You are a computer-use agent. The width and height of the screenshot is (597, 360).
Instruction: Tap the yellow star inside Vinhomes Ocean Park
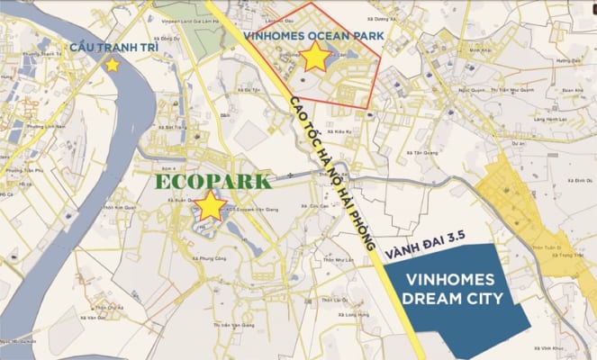click(315, 58)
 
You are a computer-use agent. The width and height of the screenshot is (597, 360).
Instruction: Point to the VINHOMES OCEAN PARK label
click(310, 35)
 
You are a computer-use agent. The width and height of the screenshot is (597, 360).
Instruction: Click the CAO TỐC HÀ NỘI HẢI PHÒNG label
click(328, 167)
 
